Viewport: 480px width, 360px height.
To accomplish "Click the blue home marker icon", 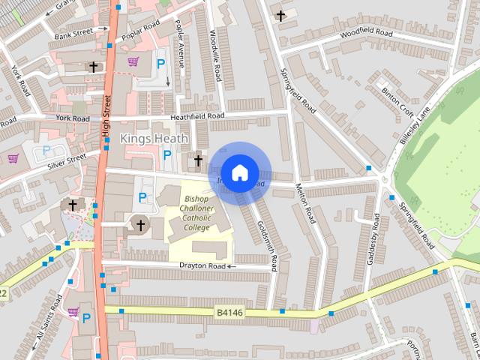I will click(239, 172).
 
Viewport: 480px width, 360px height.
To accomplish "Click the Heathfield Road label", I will click(197, 116).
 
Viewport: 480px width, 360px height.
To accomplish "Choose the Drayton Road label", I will click(202, 265).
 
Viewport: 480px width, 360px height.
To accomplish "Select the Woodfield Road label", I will click(365, 34).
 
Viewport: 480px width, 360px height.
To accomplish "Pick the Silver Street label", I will click(67, 160).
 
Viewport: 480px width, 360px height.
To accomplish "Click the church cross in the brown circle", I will click(139, 223).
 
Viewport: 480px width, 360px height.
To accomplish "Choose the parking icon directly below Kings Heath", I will click(167, 155).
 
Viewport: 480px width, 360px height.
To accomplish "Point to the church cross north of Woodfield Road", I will click(280, 15).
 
